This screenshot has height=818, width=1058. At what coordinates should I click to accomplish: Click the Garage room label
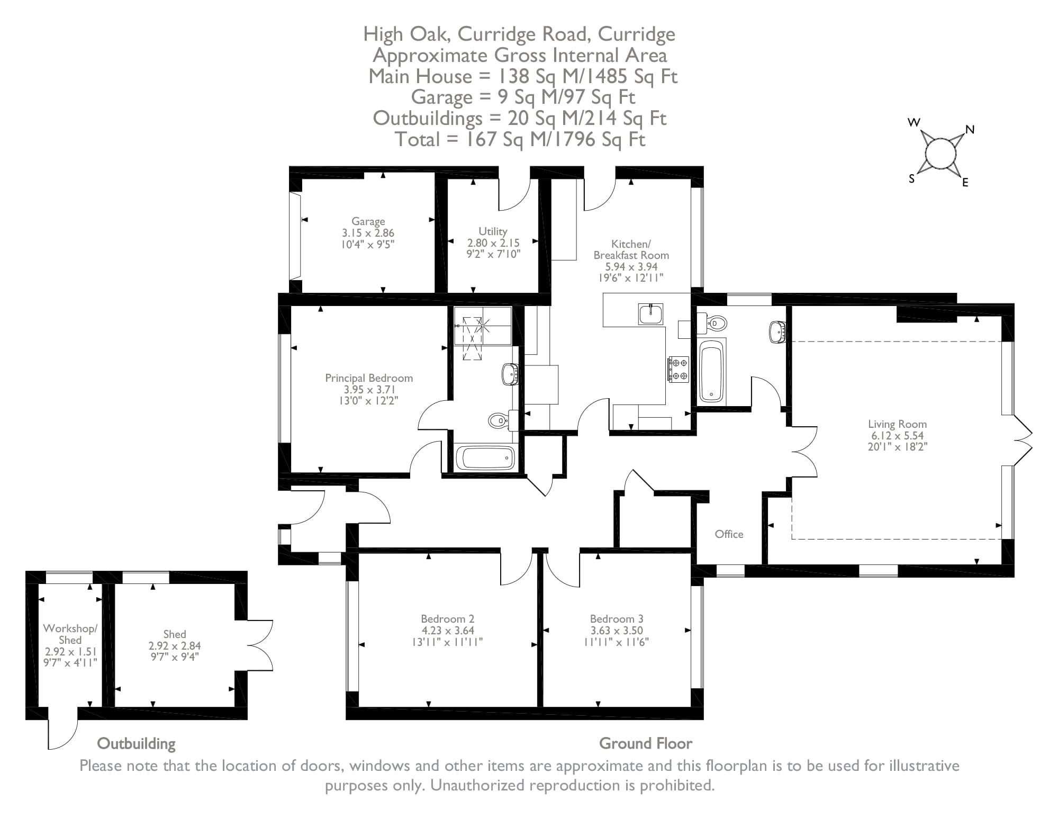368,221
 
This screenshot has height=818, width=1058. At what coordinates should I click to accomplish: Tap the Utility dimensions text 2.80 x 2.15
493,243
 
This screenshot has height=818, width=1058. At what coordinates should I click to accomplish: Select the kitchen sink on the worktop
650,314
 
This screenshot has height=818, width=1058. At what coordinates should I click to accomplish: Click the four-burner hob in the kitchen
678,369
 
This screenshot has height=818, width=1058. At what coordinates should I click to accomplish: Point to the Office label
729,534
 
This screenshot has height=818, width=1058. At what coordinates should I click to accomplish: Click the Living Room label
897,424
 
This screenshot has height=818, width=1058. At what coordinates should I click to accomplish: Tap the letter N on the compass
970,130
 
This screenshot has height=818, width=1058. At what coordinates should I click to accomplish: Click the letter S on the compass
911,179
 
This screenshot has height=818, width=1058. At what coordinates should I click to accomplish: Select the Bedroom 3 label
617,619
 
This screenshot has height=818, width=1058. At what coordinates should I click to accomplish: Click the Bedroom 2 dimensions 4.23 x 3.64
447,631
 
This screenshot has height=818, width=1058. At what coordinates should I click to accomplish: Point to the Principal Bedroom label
368,378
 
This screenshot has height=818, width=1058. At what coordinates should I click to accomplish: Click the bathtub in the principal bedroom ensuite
485,458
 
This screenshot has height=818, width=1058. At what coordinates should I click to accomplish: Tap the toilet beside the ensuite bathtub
499,420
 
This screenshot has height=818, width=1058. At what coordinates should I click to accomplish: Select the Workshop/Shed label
70,634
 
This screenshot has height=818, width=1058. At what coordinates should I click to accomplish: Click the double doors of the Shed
260,645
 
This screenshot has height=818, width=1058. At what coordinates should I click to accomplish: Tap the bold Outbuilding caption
136,744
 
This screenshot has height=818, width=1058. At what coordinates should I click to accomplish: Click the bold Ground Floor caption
645,744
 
